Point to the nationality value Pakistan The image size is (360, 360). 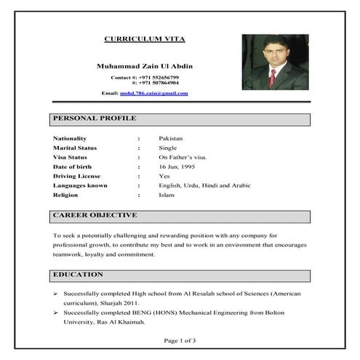[171, 137]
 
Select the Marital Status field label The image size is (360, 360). [75, 147]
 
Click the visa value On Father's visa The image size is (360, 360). [183, 156]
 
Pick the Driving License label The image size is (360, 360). [76, 176]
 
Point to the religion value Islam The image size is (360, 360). [167, 195]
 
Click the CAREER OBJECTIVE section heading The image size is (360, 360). [95, 215]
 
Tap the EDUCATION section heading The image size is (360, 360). [79, 274]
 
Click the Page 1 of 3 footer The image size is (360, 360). [180, 340]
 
